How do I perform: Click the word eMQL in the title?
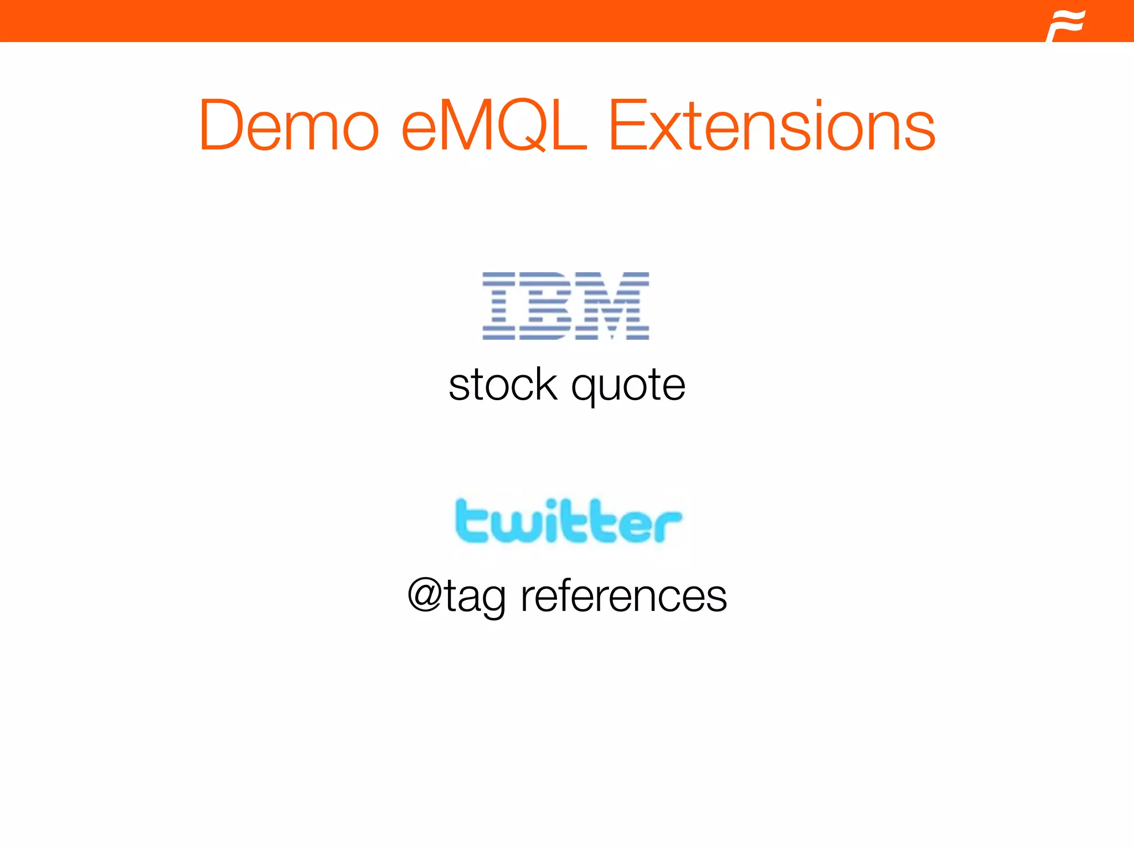click(x=493, y=126)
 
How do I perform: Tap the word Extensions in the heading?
click(x=772, y=126)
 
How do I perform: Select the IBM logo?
click(x=565, y=305)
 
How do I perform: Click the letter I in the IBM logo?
click(x=499, y=305)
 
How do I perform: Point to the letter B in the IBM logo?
click(x=545, y=305)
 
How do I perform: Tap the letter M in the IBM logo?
click(x=612, y=305)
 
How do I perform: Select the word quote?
click(x=628, y=386)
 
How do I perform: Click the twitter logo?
click(x=568, y=521)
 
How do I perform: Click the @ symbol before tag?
click(x=425, y=595)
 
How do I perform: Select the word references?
click(x=623, y=596)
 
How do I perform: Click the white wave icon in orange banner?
click(x=1065, y=25)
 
